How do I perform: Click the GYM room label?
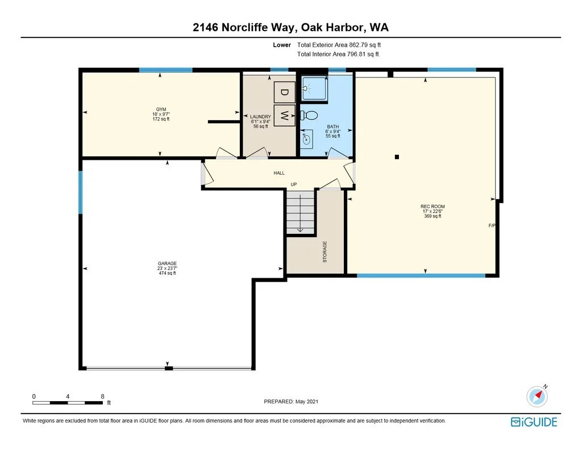point(161,109)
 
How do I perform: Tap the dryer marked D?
point(284,92)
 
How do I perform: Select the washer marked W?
point(284,115)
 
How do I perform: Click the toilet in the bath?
point(309,115)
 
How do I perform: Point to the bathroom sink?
point(306,139)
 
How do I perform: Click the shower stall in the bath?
point(314,88)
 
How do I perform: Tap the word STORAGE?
point(325,252)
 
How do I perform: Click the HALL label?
point(279,173)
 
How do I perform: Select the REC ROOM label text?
point(433,207)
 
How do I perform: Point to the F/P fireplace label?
point(492,225)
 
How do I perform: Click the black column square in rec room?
point(397,157)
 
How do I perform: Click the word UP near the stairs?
point(294,184)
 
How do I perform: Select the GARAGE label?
point(167,263)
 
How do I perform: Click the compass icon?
point(537,396)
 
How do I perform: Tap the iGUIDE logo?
point(534,422)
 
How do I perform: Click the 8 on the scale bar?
point(102,397)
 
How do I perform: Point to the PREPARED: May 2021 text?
point(291,401)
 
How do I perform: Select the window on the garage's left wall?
point(80,192)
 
